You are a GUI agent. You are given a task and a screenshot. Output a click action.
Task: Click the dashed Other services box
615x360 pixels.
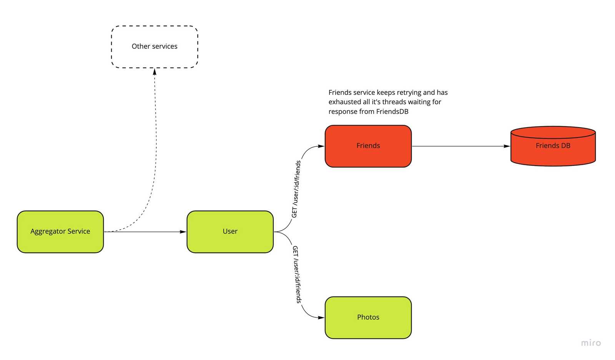point(155,47)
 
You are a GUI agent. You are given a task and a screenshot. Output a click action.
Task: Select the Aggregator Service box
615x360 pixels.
point(60,232)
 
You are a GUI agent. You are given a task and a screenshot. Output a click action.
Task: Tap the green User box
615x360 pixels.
point(230,232)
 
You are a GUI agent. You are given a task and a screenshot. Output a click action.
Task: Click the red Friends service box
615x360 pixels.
point(368,146)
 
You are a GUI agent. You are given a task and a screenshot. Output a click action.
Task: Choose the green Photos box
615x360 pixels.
point(368,317)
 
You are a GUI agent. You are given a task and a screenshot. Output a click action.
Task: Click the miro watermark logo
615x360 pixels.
point(590,343)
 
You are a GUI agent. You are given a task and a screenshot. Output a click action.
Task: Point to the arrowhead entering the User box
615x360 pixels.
point(183,232)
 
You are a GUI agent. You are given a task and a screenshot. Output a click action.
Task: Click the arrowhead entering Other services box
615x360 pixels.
point(155,71)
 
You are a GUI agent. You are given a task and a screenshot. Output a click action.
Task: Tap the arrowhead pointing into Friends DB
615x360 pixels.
point(507,146)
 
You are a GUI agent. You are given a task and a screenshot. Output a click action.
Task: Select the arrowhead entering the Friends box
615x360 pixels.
point(321,146)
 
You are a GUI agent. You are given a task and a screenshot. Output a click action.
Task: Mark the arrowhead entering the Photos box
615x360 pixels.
point(321,317)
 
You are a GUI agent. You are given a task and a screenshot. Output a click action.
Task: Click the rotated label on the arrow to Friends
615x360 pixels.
point(296,189)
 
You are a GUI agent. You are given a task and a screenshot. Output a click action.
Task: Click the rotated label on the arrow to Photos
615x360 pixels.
point(296,274)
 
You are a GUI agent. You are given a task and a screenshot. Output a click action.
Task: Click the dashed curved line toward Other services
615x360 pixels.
point(155,154)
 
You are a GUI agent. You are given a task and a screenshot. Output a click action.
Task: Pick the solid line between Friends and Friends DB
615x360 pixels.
point(459,146)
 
